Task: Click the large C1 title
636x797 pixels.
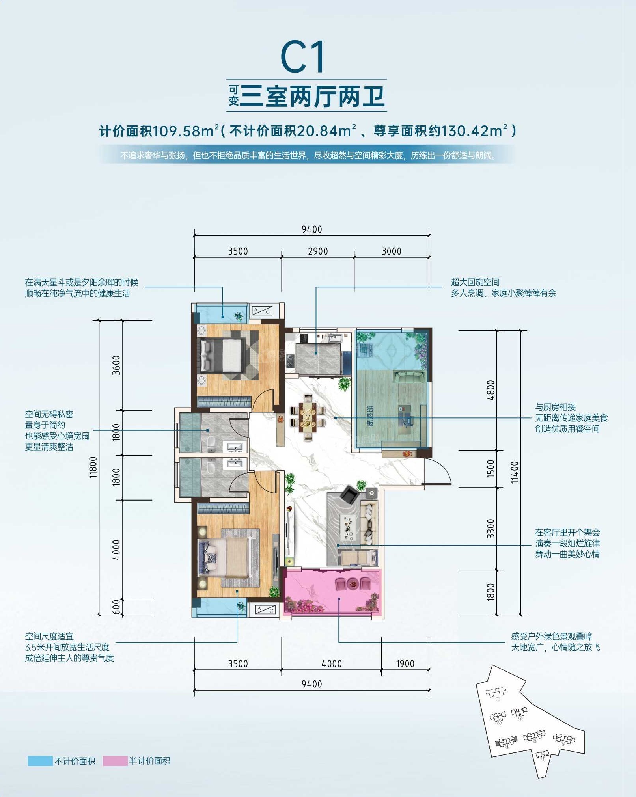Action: point(303,57)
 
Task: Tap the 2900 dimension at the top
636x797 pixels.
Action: point(318,251)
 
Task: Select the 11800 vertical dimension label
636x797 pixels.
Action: point(93,467)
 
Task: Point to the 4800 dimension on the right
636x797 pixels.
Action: point(491,390)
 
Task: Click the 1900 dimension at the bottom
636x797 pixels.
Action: point(405,663)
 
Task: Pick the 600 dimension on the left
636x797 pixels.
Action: point(116,607)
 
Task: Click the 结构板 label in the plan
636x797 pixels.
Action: point(370,416)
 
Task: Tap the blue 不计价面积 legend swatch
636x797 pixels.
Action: point(40,761)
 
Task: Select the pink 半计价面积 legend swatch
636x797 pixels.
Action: point(115,761)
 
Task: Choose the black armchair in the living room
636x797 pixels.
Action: point(349,495)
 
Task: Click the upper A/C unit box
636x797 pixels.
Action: point(262,311)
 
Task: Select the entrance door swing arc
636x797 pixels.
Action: point(438,471)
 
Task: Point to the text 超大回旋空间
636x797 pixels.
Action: point(475,282)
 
